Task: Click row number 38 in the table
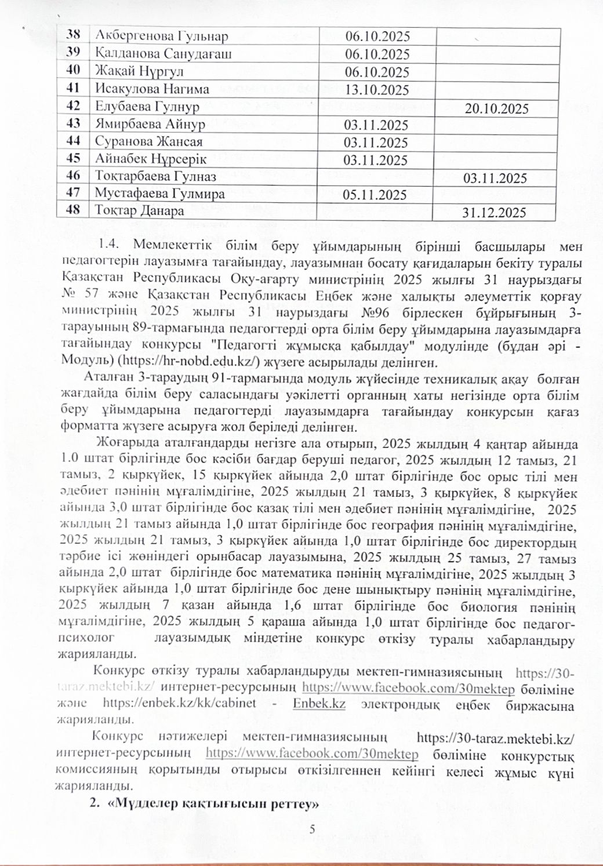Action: [x=74, y=35]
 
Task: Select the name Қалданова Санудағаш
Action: [x=163, y=54]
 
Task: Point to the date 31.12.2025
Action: [x=494, y=213]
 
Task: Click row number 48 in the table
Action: [x=74, y=210]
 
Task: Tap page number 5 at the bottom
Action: [x=313, y=829]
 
